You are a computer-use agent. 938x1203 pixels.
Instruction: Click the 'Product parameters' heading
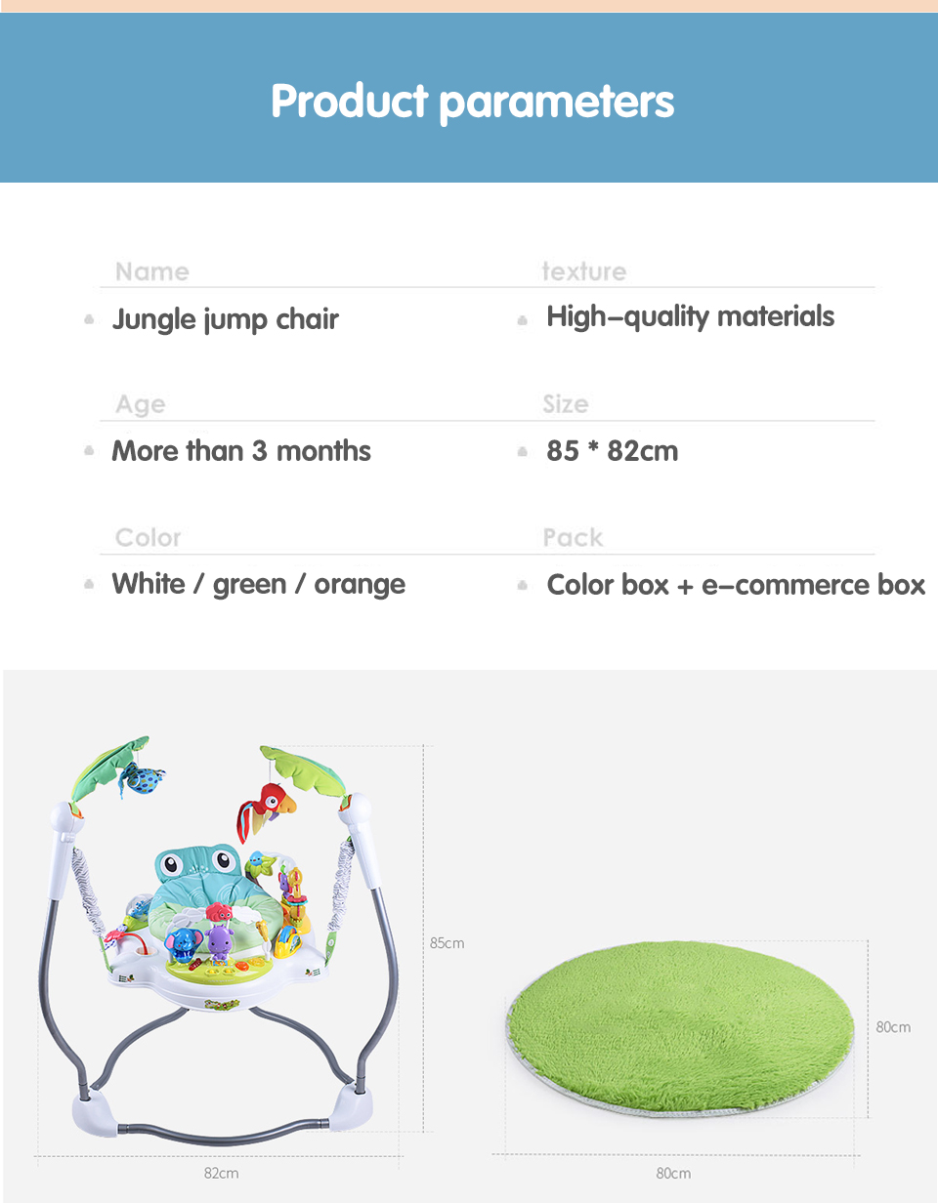pos(472,102)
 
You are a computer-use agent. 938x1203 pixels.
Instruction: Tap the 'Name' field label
pos(152,271)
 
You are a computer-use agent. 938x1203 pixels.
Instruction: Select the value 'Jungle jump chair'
pos(226,319)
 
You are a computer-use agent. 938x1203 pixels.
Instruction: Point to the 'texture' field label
pos(584,271)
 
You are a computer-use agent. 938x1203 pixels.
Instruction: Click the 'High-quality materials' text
pos(690,317)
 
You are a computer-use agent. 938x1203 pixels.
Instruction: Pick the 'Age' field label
pos(141,404)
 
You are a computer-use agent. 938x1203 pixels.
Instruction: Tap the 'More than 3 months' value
pos(241,451)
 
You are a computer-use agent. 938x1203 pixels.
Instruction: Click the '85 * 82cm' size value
pos(612,451)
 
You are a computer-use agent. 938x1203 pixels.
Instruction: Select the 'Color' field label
pos(148,538)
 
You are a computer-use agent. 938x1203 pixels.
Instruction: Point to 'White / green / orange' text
pos(259,585)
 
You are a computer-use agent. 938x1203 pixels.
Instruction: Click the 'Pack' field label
pos(573,538)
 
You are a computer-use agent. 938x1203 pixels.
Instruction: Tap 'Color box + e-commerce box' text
pos(736,585)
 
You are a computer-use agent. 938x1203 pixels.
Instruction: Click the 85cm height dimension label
pos(447,942)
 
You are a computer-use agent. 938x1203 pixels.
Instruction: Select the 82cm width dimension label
pos(222,1173)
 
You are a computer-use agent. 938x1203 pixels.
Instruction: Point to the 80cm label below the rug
pos(673,1173)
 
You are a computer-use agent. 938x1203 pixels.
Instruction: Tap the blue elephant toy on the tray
pos(184,944)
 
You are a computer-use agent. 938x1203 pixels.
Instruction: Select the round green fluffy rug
pos(680,1028)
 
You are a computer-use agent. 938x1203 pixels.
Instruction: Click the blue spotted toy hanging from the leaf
pos(142,779)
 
